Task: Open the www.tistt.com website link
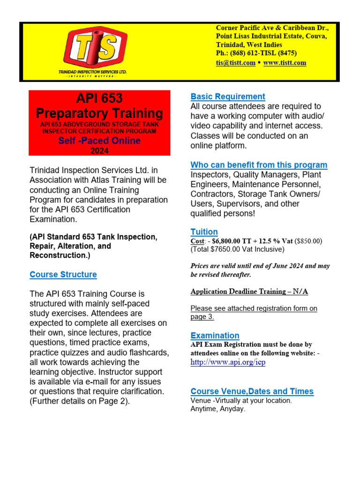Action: point(285,62)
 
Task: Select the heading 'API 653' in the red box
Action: point(99,98)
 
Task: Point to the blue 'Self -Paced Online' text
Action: point(99,141)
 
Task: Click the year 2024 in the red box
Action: point(99,150)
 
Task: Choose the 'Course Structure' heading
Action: point(63,275)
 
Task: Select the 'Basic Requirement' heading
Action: point(228,97)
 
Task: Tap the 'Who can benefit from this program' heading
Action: point(259,165)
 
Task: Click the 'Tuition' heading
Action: point(204,232)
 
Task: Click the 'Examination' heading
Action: point(215,336)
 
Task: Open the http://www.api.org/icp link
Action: point(228,362)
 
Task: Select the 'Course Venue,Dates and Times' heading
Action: point(252,391)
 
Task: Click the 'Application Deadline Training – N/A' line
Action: point(249,291)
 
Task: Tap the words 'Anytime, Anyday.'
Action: point(217,409)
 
